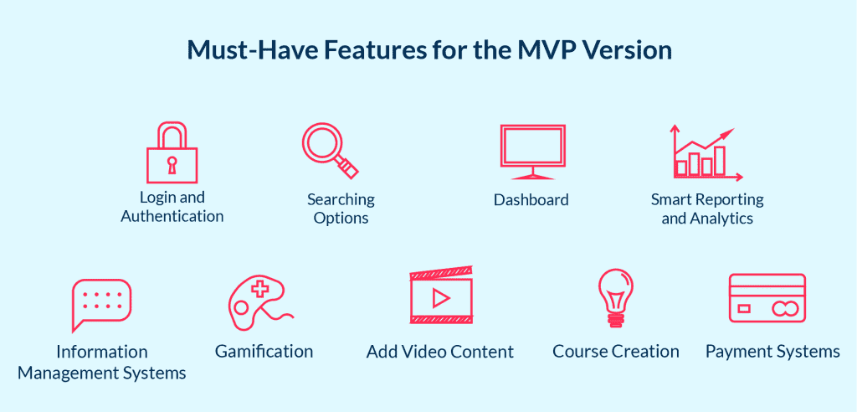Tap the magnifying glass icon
pyautogui.click(x=328, y=150)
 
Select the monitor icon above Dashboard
pyautogui.click(x=532, y=152)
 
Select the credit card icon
pyautogui.click(x=767, y=298)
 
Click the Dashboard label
pyautogui.click(x=531, y=200)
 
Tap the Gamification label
pyautogui.click(x=264, y=351)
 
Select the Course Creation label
pyautogui.click(x=616, y=351)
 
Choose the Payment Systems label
pyautogui.click(x=772, y=351)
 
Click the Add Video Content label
pyautogui.click(x=440, y=351)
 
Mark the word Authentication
pyautogui.click(x=172, y=216)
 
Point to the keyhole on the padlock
pyautogui.click(x=172, y=164)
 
